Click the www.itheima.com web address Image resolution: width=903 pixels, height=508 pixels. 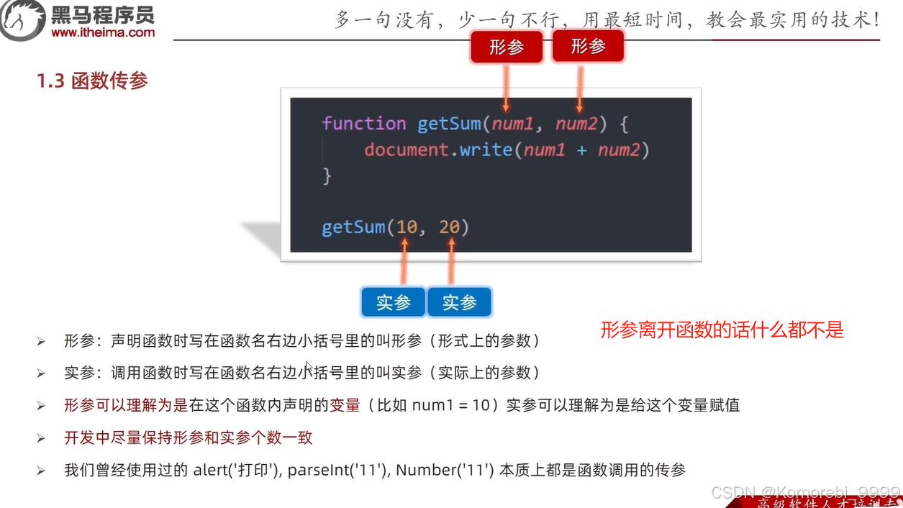coord(103,32)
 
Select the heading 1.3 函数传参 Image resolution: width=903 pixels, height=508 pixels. coord(92,81)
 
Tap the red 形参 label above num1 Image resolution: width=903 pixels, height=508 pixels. coord(507,47)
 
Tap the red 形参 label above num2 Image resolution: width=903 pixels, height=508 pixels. coord(588,47)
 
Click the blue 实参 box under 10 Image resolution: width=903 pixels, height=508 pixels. coord(393,303)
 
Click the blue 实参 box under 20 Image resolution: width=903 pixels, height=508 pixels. coord(459,303)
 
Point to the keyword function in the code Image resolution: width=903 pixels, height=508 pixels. coord(364,123)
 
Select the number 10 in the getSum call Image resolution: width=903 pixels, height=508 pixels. coord(407,227)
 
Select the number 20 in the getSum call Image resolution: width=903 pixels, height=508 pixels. coord(450,227)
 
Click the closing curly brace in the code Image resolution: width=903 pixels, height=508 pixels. coord(327,175)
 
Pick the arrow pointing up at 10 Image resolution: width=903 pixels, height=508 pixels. coord(404,263)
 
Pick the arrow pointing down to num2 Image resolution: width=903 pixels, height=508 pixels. coord(579,86)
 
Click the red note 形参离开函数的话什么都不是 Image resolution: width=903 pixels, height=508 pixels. coord(722,330)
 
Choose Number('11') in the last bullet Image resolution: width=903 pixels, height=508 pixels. coord(444,471)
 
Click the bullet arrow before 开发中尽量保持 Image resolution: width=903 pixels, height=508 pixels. coord(41,438)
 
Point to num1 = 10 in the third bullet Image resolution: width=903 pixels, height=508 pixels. coord(450,405)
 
